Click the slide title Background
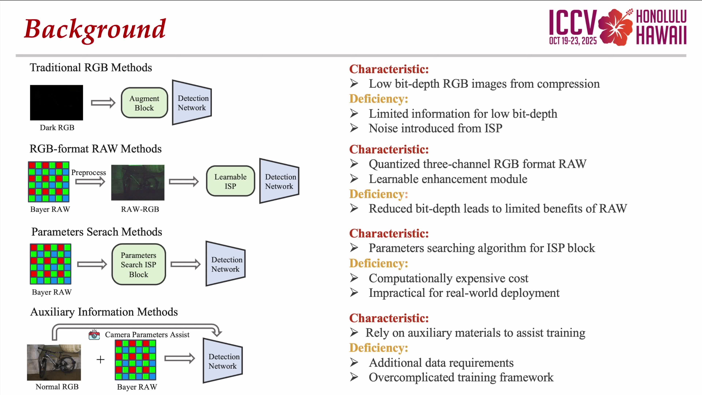[95, 29]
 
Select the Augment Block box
[144, 103]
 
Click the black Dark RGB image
[56, 102]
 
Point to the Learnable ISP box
[231, 181]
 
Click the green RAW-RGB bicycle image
[138, 182]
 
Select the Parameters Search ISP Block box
[139, 264]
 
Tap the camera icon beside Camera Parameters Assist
[94, 334]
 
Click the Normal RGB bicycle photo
[54, 362]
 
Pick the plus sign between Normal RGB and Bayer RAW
[101, 360]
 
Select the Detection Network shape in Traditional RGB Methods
[192, 102]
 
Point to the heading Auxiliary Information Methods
[104, 312]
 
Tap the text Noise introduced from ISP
[435, 128]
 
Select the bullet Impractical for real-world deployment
[464, 293]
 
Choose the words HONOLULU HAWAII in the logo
[661, 27]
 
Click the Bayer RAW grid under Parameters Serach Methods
[51, 264]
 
